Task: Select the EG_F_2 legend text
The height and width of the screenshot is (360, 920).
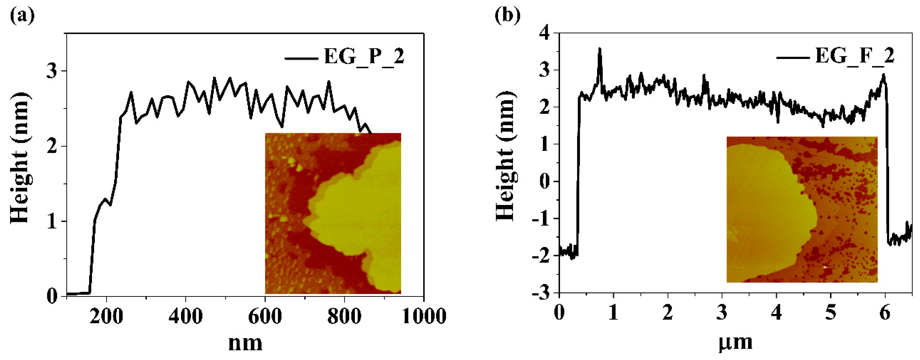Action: [x=855, y=56]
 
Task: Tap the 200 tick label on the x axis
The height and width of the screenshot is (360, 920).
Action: [x=106, y=316]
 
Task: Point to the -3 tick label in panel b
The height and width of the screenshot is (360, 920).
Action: [x=541, y=293]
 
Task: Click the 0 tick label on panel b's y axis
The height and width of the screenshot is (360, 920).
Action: [x=546, y=181]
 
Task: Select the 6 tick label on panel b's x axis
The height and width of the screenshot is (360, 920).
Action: [x=885, y=313]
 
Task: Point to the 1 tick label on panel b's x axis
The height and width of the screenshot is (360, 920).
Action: [x=613, y=313]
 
